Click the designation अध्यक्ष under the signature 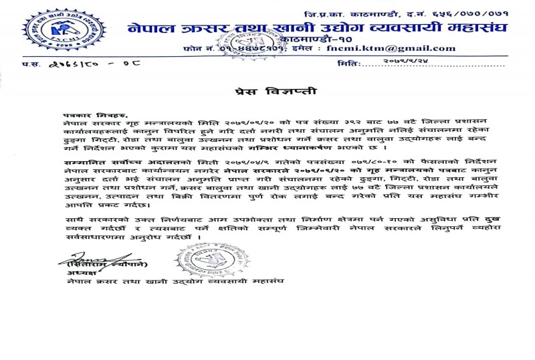click(78, 273)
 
